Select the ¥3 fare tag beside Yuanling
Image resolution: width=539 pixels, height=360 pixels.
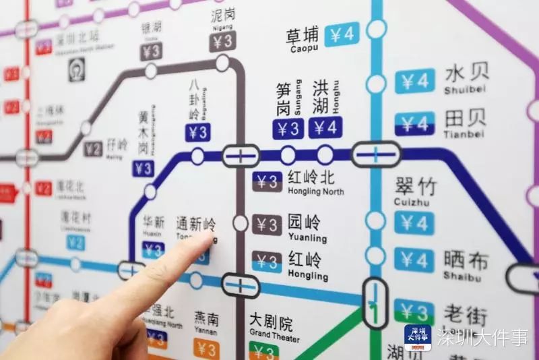click(267, 225)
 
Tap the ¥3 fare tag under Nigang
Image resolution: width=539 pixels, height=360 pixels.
click(222, 42)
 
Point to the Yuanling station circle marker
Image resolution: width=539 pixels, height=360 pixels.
click(241, 223)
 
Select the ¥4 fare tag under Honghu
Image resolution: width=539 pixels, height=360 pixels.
click(325, 127)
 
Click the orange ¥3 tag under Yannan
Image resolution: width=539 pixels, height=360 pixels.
click(207, 349)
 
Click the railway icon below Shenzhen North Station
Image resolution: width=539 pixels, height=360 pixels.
click(76, 69)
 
